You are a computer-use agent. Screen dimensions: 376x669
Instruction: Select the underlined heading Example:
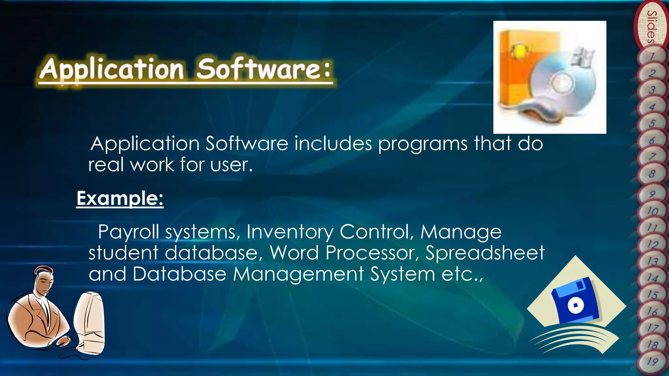[120, 198]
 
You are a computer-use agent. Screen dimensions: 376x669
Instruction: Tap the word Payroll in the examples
[128, 232]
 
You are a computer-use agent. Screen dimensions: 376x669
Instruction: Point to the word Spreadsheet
[485, 253]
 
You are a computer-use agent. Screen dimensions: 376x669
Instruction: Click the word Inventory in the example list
[290, 232]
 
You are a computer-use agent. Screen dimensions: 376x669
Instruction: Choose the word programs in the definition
[423, 144]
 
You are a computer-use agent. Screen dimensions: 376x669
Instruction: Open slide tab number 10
[652, 211]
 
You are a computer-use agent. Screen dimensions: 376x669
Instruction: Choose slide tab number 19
[652, 362]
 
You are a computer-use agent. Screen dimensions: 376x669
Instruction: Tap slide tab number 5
[652, 123]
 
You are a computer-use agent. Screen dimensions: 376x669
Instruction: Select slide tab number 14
[652, 278]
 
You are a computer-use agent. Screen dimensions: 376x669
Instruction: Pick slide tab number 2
[652, 73]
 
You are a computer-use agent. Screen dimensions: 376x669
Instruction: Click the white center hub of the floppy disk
[575, 305]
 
